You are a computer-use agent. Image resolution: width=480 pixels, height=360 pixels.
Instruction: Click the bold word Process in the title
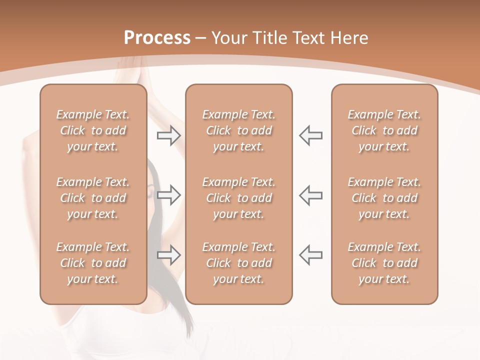157,38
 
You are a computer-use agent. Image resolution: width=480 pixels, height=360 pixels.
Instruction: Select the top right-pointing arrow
168,135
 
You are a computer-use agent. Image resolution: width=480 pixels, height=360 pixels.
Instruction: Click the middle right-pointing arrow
168,195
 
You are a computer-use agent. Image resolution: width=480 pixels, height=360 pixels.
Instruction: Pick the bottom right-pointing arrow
168,255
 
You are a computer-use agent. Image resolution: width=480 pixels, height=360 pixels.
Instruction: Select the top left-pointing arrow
310,135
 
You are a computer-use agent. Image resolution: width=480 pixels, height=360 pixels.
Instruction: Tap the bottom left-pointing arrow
310,254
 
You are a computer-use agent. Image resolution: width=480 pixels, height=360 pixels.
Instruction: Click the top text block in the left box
93,130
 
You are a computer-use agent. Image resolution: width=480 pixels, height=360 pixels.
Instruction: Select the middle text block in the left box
93,198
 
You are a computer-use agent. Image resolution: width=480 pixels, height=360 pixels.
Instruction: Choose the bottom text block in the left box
93,263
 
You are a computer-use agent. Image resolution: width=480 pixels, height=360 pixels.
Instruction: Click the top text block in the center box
239,130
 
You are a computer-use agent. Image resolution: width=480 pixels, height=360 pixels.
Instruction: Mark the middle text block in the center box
239,198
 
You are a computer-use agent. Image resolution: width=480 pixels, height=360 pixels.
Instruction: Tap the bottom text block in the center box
239,263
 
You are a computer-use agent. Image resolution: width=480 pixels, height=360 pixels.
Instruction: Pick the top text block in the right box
384,130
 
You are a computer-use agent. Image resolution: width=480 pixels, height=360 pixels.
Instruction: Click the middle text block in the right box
384,198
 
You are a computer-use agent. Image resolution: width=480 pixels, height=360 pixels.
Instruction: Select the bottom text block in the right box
384,263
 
